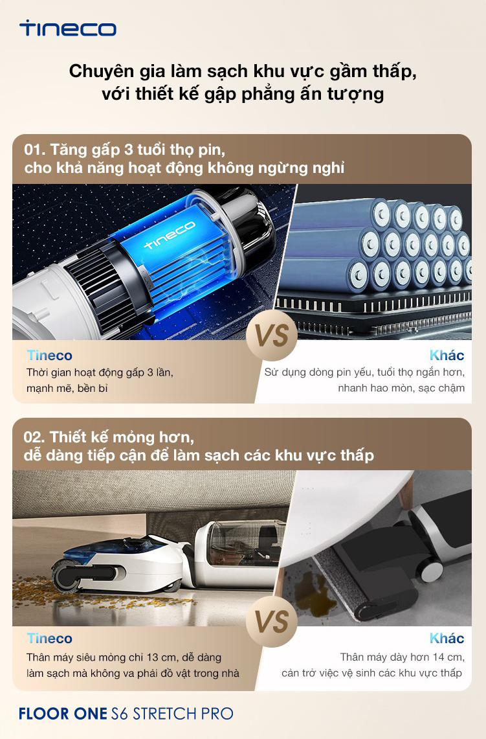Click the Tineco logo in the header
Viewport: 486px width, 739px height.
68,28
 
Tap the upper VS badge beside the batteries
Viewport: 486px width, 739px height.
272,335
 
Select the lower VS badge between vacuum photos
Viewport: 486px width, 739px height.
272,620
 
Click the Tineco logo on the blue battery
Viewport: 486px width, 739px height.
170,234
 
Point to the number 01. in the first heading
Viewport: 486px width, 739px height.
36,150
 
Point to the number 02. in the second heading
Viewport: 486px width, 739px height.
35,437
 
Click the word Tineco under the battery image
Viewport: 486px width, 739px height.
49,356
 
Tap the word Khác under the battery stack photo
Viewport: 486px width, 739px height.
447,355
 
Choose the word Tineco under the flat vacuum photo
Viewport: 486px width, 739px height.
49,639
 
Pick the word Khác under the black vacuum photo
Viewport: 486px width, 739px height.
447,638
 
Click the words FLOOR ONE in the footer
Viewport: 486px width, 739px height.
63,714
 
